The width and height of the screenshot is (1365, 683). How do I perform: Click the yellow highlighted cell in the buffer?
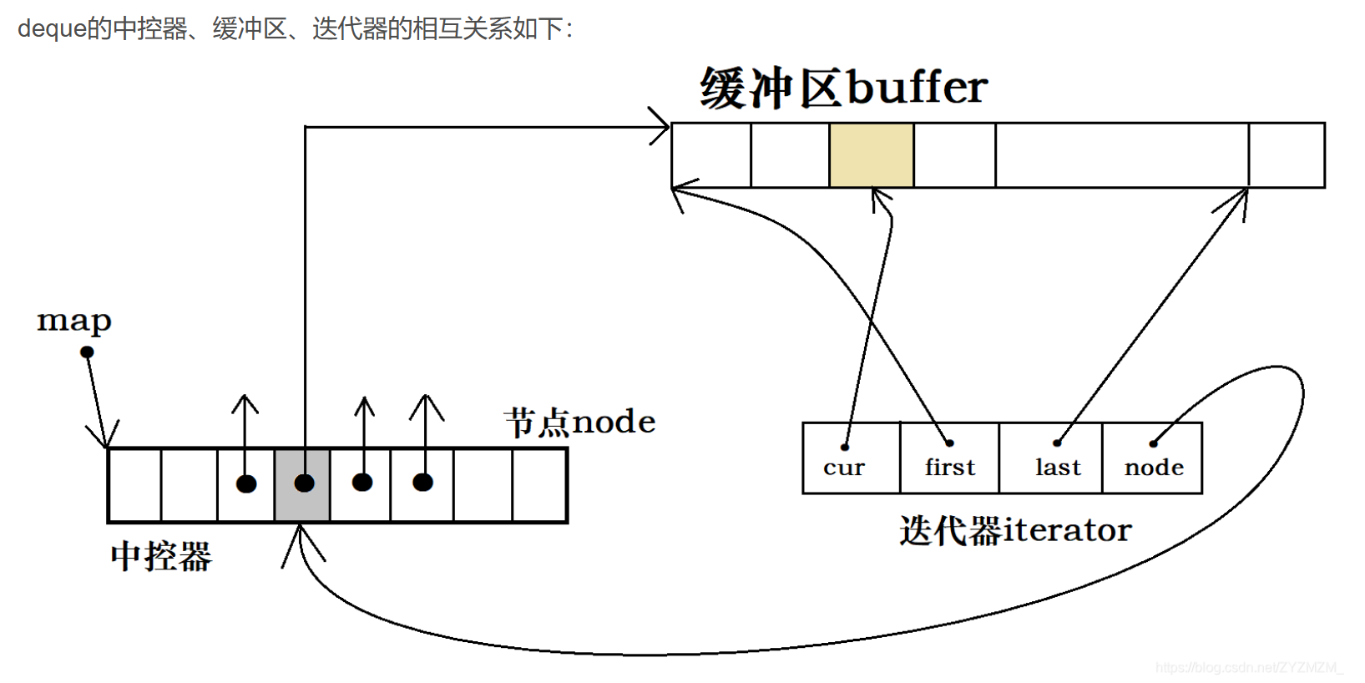click(871, 155)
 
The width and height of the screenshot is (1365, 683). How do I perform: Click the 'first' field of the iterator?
click(949, 467)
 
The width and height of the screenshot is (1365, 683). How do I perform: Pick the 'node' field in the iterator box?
click(1153, 467)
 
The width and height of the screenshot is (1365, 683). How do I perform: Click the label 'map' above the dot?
click(73, 321)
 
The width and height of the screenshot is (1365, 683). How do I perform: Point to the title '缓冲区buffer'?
click(843, 88)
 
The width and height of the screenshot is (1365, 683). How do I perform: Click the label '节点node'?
click(579, 422)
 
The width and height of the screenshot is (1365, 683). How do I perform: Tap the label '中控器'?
click(161, 556)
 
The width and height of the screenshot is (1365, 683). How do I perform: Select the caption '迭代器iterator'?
click(1015, 530)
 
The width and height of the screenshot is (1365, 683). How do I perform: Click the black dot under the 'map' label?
click(87, 352)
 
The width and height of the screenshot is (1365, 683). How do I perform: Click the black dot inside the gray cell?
click(304, 483)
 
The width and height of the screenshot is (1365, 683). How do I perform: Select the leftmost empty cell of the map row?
click(134, 485)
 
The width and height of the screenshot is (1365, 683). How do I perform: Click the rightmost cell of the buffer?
click(1287, 155)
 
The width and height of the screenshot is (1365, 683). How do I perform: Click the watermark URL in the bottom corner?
click(1249, 667)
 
